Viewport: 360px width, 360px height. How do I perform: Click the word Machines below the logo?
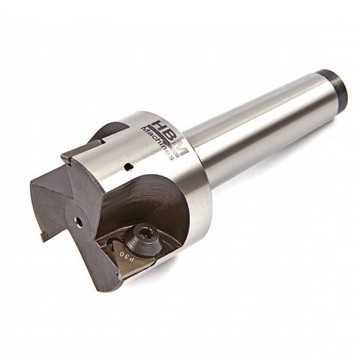coord(157,143)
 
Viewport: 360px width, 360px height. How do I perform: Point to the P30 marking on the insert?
coord(127,256)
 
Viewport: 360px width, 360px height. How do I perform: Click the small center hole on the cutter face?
coord(79,221)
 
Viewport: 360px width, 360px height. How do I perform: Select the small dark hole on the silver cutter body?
coord(129,166)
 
